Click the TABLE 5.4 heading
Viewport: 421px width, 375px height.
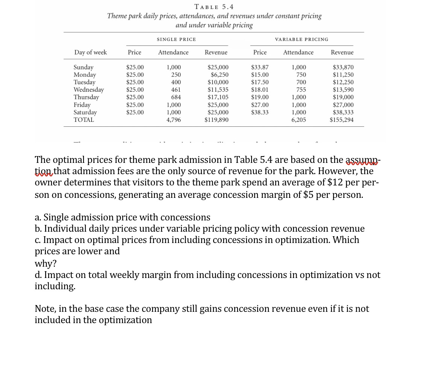pos(214,7)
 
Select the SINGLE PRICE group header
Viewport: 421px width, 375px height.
pos(176,39)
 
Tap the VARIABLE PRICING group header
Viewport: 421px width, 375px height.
pos(301,39)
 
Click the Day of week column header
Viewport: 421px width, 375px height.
pos(90,52)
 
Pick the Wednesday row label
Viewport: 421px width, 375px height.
pos(89,90)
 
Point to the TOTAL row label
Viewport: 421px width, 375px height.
pos(84,120)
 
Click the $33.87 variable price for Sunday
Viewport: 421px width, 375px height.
pos(260,67)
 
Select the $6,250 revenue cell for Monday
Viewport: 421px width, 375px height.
pos(219,75)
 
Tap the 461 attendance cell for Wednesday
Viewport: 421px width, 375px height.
pos(176,90)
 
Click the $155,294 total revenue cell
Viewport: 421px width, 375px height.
pos(341,120)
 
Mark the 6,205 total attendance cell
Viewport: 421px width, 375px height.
pos(298,120)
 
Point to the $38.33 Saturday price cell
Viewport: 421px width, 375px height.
pos(260,112)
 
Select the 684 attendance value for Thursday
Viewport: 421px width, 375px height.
pos(176,97)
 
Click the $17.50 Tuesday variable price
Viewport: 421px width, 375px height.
pos(260,82)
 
